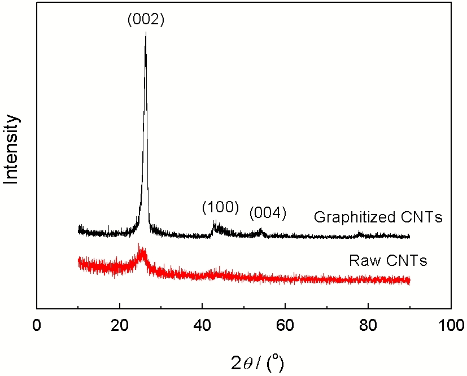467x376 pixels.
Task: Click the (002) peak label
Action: [x=145, y=20]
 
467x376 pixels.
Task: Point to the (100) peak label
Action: [x=221, y=208]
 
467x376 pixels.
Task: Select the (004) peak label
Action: [x=268, y=213]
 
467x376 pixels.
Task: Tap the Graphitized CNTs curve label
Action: [x=378, y=217]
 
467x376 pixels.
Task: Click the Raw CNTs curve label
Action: [x=388, y=261]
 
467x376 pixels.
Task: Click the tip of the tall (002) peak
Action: [x=146, y=33]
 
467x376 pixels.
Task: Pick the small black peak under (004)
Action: [x=260, y=229]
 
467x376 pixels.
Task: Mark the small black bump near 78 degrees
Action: [x=360, y=233]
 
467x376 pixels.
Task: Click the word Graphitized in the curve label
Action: [x=347, y=217]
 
